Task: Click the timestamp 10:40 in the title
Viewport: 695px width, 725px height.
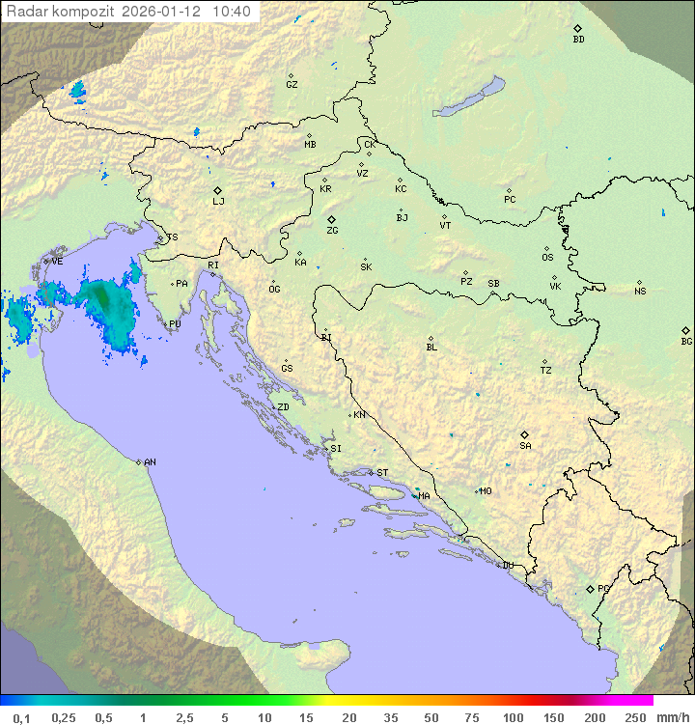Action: click(x=232, y=12)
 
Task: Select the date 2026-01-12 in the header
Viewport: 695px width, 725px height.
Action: click(x=168, y=12)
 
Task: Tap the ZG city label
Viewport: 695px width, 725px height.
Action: click(x=332, y=231)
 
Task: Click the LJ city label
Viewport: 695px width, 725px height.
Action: click(x=218, y=202)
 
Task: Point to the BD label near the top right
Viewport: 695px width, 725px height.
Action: click(x=578, y=40)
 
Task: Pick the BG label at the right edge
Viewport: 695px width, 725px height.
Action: click(x=686, y=341)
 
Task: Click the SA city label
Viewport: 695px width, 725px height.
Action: click(x=525, y=445)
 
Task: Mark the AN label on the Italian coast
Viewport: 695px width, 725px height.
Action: click(x=150, y=462)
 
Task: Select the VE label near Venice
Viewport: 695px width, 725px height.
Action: click(x=57, y=261)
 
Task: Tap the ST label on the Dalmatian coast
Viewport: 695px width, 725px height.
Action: click(x=382, y=473)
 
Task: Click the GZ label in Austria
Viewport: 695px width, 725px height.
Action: click(x=292, y=85)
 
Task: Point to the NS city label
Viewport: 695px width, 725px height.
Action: click(x=640, y=292)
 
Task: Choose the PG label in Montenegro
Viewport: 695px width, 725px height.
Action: click(x=603, y=588)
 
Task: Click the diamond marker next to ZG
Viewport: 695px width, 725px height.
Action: click(x=331, y=220)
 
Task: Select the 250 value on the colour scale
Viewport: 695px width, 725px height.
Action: click(x=635, y=717)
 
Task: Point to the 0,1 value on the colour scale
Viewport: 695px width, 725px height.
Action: click(x=20, y=717)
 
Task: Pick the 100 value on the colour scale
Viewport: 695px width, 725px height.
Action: click(x=513, y=717)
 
